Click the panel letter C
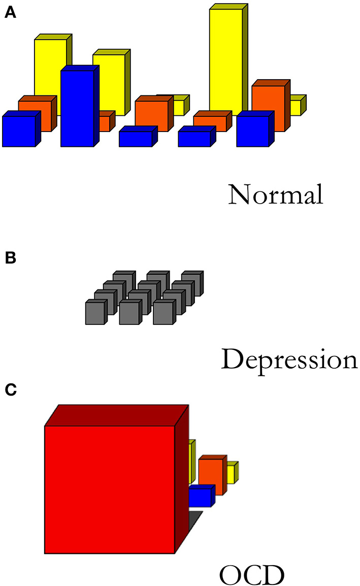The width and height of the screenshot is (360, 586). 10,390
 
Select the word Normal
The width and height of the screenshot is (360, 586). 275,194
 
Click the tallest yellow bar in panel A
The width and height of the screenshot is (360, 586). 225,61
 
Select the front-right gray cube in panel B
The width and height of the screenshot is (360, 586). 164,312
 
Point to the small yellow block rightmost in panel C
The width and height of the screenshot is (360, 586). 231,474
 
